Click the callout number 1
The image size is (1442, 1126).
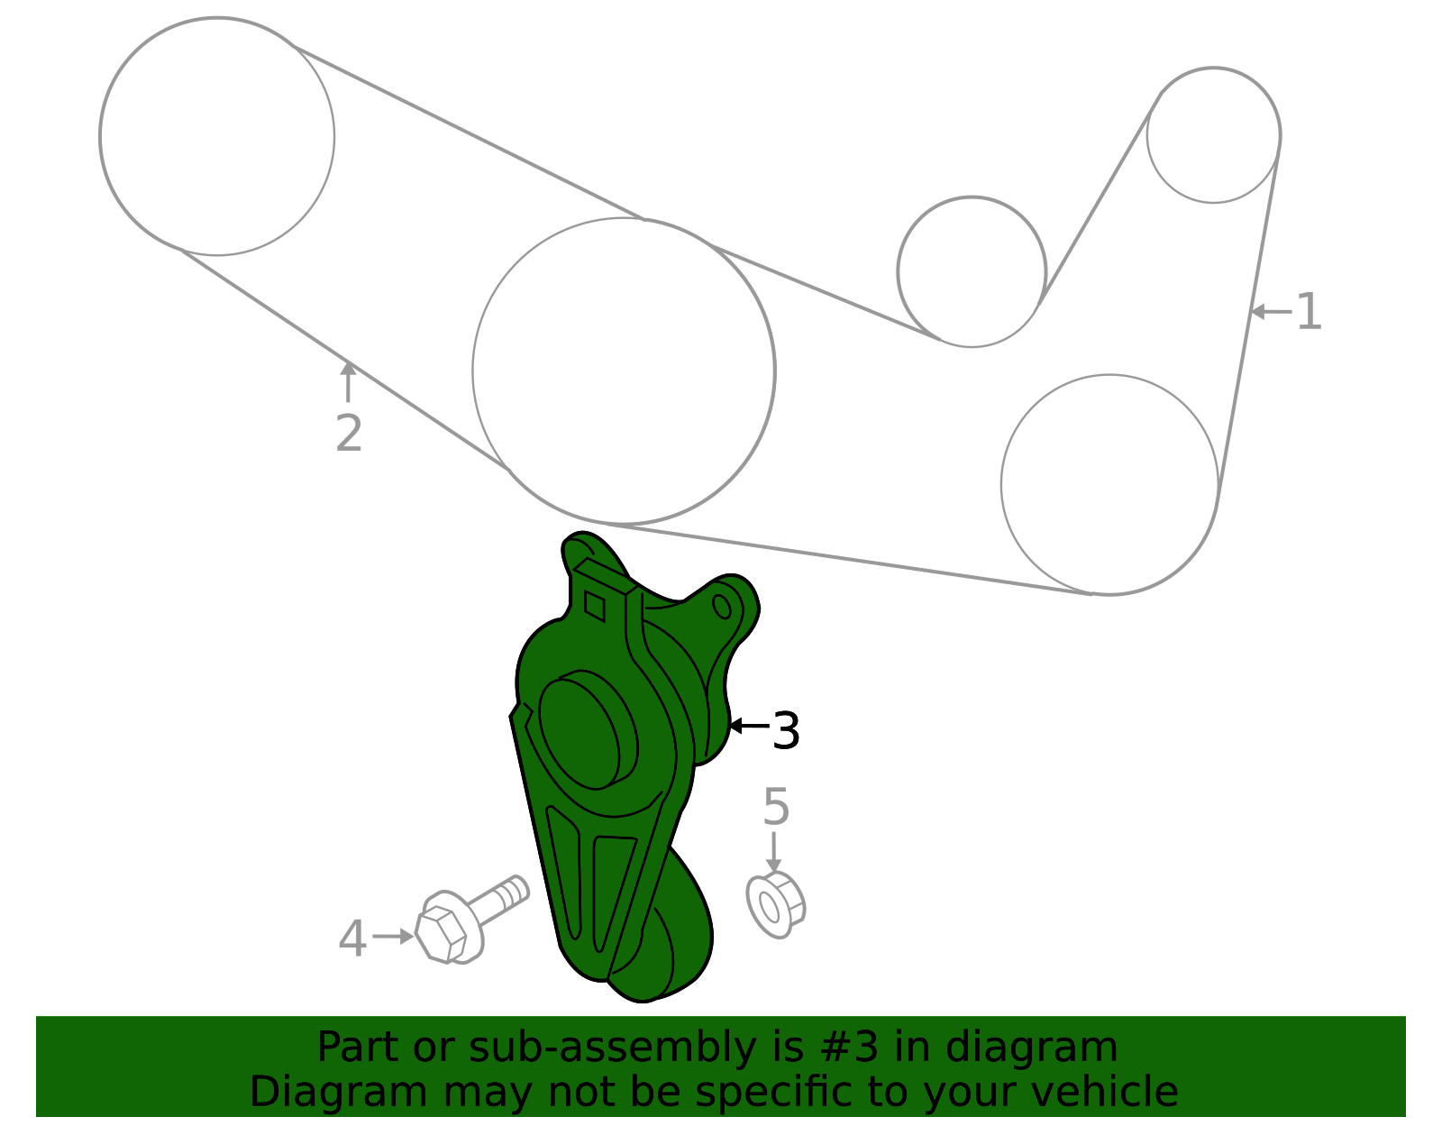(x=1309, y=312)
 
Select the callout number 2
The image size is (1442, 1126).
(x=349, y=434)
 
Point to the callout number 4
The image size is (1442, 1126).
(x=352, y=938)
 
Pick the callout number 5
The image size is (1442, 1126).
(x=775, y=807)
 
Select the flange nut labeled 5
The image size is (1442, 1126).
(x=774, y=905)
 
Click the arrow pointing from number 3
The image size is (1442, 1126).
(x=749, y=725)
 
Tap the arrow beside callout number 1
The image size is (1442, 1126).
(x=1271, y=312)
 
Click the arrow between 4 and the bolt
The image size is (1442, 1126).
(x=393, y=937)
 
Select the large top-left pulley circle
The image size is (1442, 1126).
(x=217, y=137)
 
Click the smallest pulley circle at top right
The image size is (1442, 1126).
(x=1213, y=135)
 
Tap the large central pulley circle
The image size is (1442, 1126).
(x=624, y=371)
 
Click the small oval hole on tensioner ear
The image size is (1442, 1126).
(x=722, y=605)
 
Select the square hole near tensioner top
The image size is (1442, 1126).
(x=595, y=605)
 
